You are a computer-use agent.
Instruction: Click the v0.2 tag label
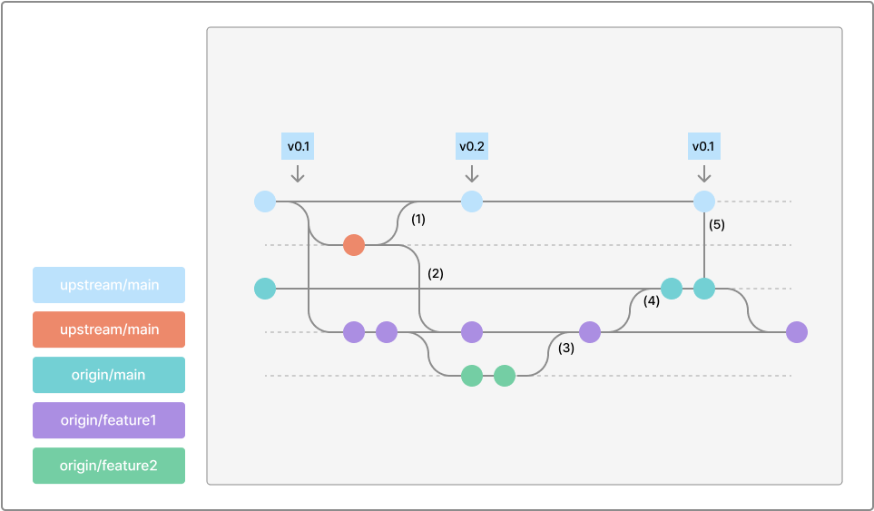click(x=472, y=146)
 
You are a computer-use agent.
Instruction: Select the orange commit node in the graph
click(x=354, y=245)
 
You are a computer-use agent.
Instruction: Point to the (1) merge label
click(x=418, y=220)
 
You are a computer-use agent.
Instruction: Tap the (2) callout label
click(x=436, y=273)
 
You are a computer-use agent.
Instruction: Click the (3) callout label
click(x=566, y=348)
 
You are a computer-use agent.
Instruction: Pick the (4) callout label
click(x=652, y=301)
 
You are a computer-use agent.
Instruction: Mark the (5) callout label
click(x=717, y=224)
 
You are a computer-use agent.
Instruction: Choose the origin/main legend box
click(x=109, y=375)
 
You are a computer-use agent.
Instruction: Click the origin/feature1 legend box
click(x=109, y=420)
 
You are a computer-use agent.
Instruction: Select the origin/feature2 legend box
click(x=109, y=466)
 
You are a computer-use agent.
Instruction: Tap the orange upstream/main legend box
click(x=109, y=329)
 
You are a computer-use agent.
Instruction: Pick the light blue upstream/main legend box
click(x=109, y=285)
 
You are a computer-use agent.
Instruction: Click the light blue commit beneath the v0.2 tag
click(x=472, y=201)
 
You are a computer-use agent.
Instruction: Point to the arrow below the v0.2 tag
click(x=472, y=173)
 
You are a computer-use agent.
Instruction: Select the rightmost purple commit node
click(x=797, y=332)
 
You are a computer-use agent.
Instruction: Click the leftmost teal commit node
click(x=265, y=289)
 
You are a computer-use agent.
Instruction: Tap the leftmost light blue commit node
click(x=265, y=201)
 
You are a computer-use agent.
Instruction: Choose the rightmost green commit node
click(x=505, y=376)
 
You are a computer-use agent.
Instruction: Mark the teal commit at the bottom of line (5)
click(x=704, y=289)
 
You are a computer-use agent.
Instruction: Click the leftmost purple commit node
click(x=354, y=332)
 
